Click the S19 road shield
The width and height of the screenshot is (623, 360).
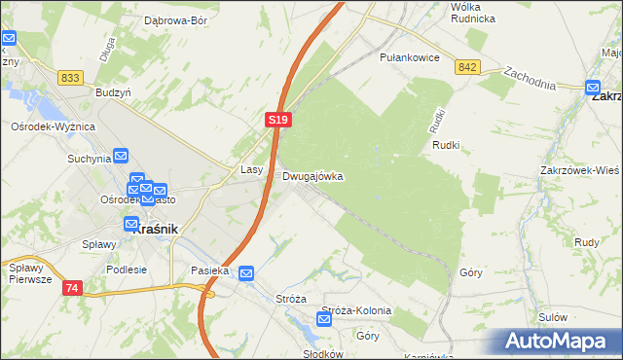tap(277, 119)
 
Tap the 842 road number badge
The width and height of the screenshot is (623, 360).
tap(467, 65)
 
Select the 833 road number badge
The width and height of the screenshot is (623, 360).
tap(69, 77)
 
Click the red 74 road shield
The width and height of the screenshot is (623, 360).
tap(73, 288)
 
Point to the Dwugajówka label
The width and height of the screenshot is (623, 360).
tap(312, 177)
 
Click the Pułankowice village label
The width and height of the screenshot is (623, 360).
tap(410, 58)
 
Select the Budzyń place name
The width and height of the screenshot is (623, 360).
tap(113, 91)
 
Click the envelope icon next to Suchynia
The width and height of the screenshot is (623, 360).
tap(121, 155)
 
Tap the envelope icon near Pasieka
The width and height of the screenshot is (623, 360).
tap(246, 274)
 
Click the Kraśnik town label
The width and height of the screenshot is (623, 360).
tap(152, 227)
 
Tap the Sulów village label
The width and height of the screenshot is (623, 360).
tap(552, 317)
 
